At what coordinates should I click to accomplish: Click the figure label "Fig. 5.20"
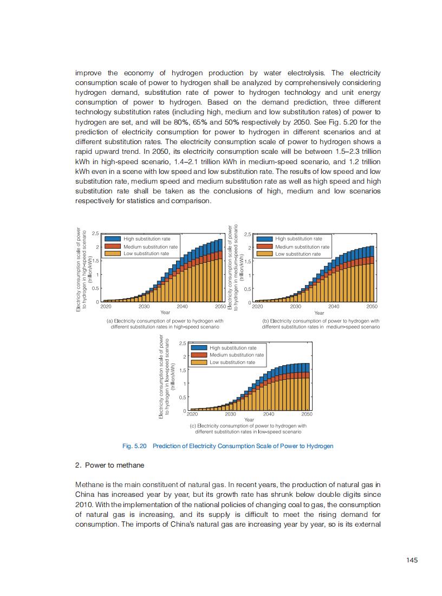[x=135, y=446]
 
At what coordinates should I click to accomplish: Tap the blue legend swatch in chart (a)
[x=113, y=239]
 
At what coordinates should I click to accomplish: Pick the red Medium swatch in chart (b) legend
[x=264, y=247]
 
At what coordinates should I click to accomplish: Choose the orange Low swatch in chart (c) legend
[x=199, y=362]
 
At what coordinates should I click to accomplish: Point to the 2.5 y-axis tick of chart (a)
[x=95, y=234]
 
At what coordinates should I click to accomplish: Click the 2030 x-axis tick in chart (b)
[x=295, y=307]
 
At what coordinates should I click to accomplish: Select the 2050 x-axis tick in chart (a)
[x=220, y=307]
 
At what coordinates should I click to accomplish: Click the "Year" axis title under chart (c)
[x=249, y=420]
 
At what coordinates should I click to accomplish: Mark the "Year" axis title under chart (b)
[x=319, y=313]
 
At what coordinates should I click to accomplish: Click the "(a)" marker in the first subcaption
[x=110, y=321]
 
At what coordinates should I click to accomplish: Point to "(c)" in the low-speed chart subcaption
[x=193, y=426]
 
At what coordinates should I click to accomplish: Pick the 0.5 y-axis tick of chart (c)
[x=183, y=397]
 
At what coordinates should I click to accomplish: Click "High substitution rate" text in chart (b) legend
[x=298, y=238]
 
